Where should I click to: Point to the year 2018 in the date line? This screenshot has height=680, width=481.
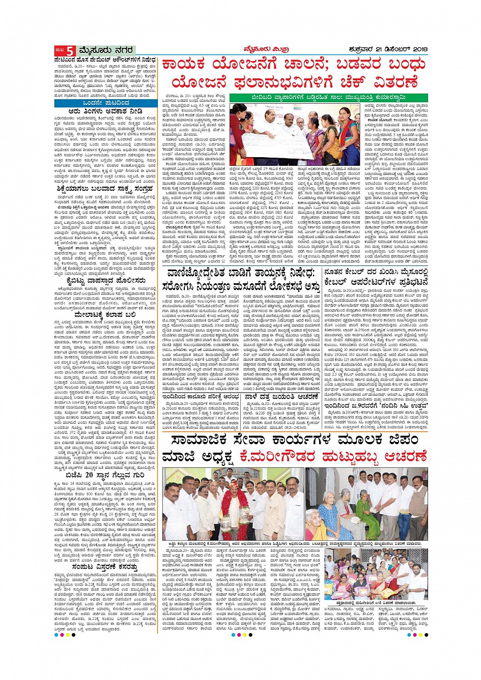click(x=418, y=49)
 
